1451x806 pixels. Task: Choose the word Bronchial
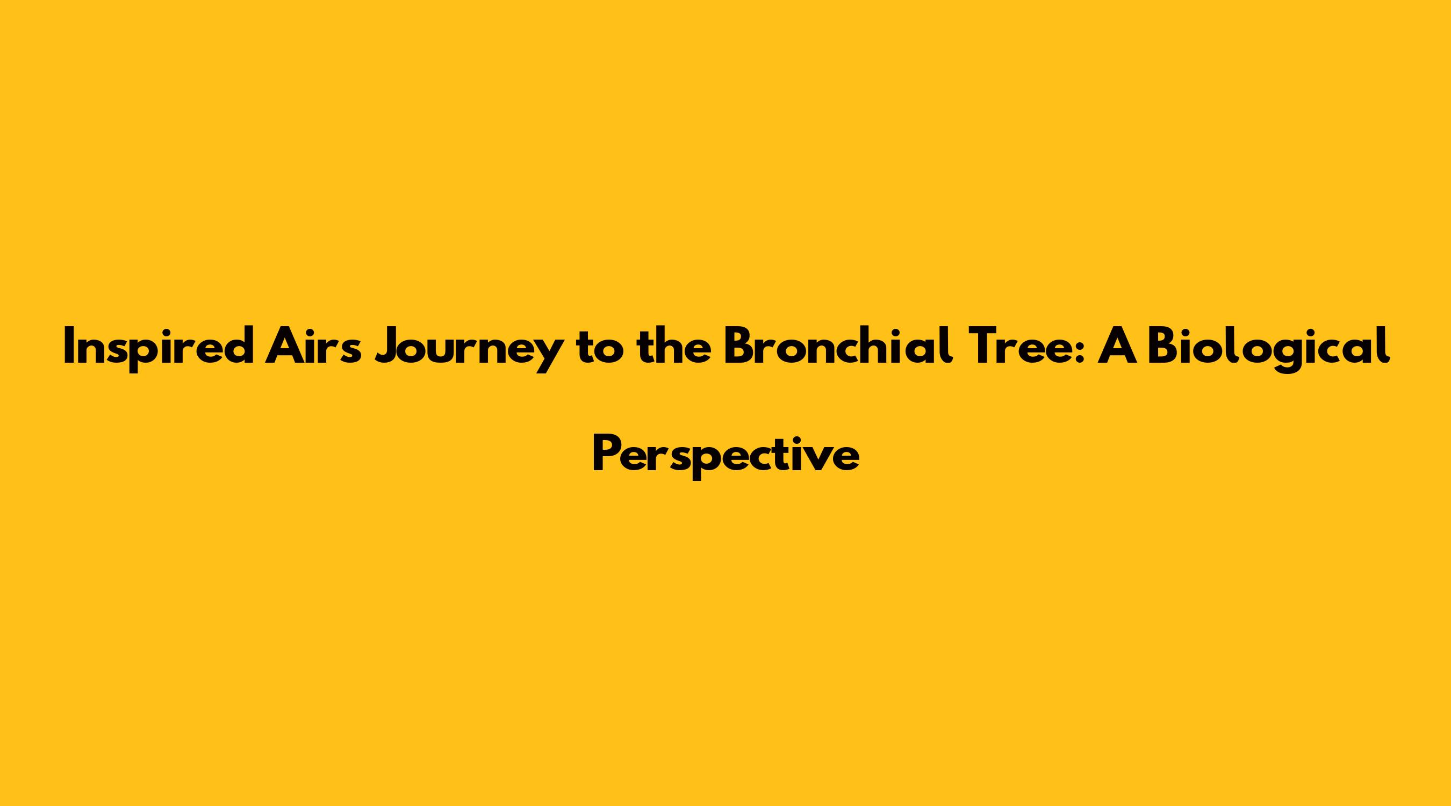click(x=839, y=346)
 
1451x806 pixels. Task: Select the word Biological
click(x=1268, y=349)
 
